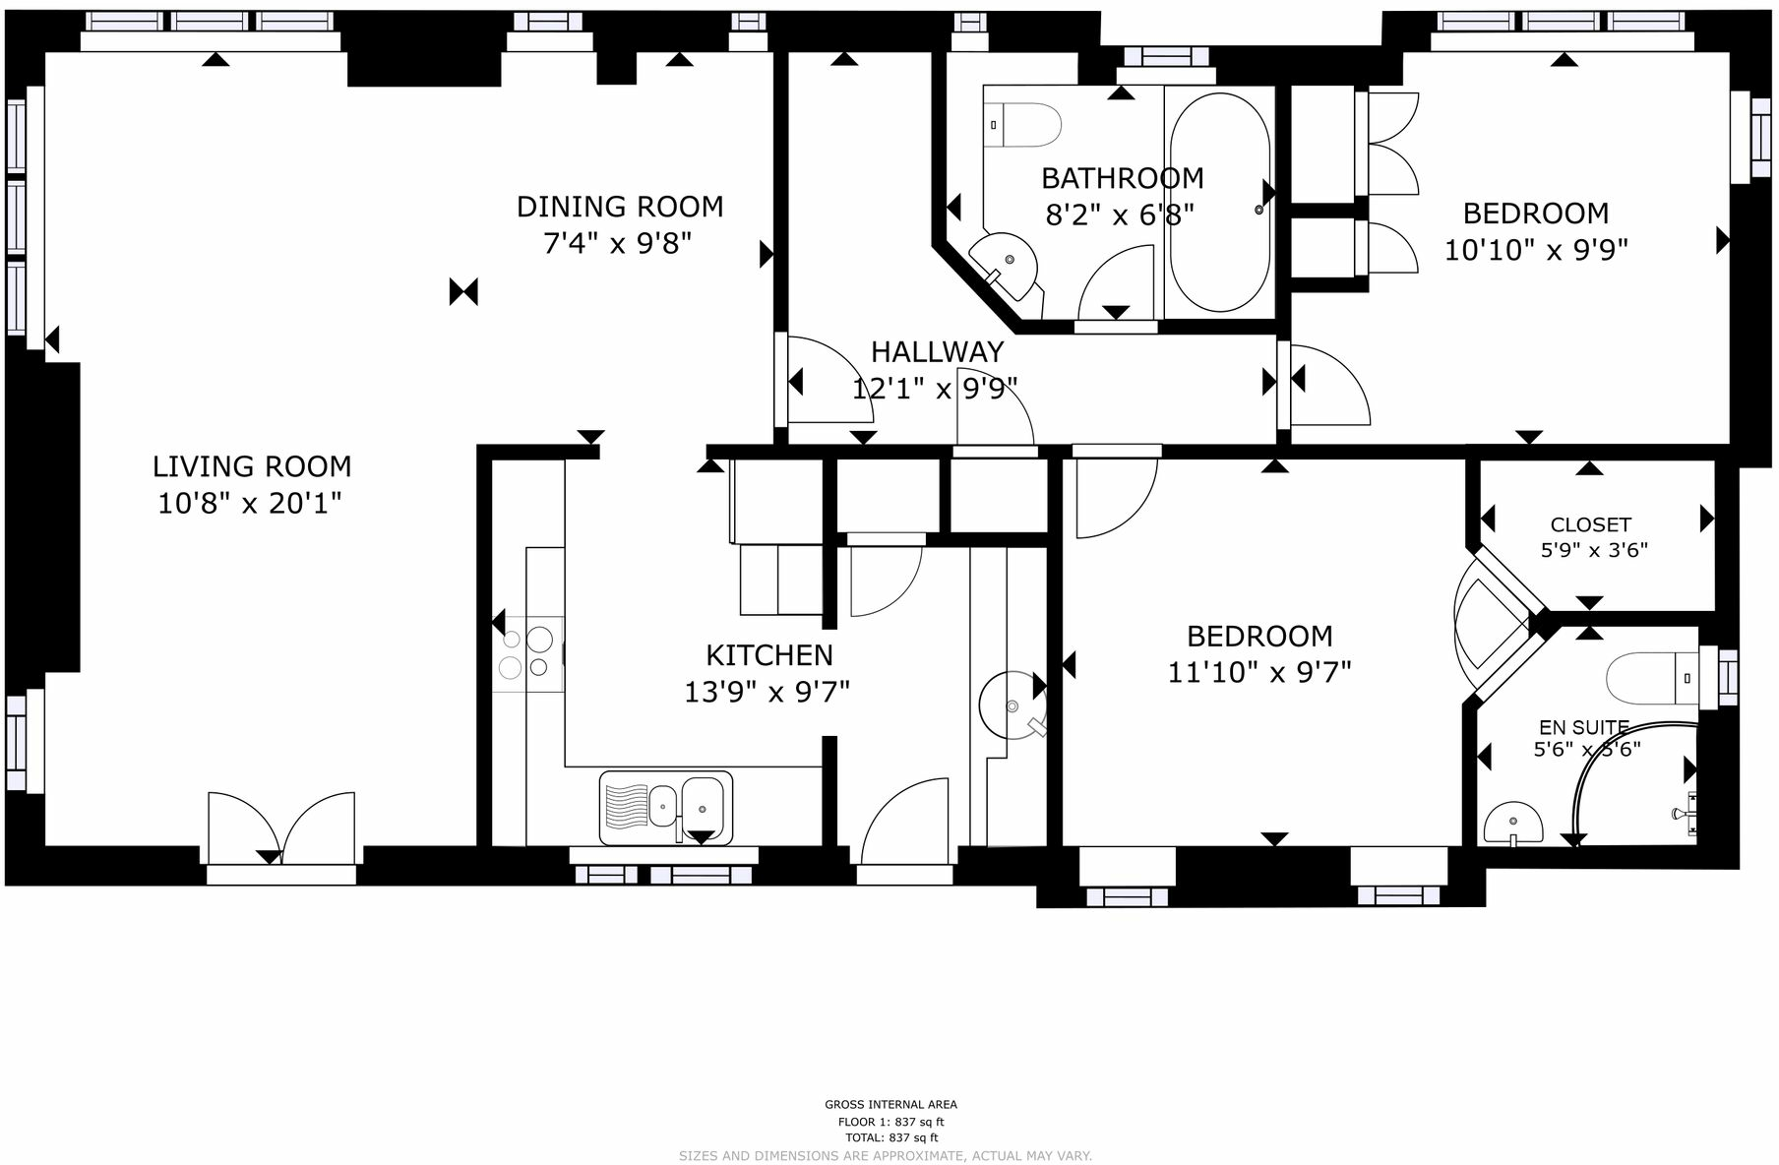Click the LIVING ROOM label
[x=252, y=466]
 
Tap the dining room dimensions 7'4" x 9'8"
[x=618, y=243]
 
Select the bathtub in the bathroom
[x=1219, y=202]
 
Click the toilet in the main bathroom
[x=1023, y=126]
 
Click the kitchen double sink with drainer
[x=666, y=808]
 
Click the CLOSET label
[x=1590, y=524]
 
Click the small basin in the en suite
[x=1513, y=823]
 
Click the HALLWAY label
[x=937, y=351]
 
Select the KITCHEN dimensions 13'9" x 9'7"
[x=767, y=693]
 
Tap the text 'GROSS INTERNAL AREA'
[x=889, y=1104]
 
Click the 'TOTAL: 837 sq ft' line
[x=889, y=1137]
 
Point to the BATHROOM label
[x=1122, y=178]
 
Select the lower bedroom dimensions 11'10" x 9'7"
[x=1259, y=672]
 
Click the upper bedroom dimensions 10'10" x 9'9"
[x=1536, y=250]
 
